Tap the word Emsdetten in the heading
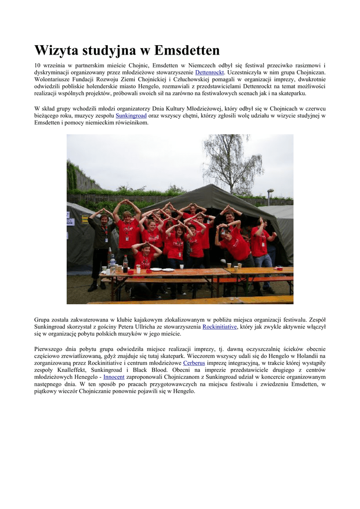pos(187,51)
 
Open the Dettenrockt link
pos(209,72)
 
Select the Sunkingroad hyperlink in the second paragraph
pos(131,116)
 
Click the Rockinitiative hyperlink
pos(219,327)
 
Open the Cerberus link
pos(194,363)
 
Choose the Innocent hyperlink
pos(114,377)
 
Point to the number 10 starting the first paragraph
pos(37,65)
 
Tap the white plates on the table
pos(162,269)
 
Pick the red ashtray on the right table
pos(279,269)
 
